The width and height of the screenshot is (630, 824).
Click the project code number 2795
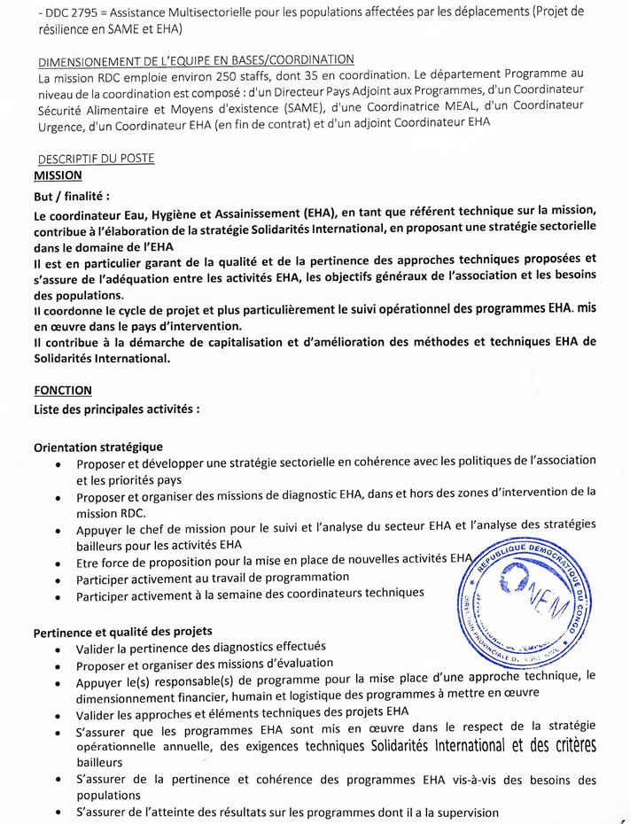[61, 12]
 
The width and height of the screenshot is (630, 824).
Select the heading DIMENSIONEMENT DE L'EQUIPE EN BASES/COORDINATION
[197, 60]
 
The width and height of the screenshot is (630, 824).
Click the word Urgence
[60, 126]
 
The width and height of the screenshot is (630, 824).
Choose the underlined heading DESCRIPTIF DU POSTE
[97, 159]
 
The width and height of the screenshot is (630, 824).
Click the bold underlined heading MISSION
[58, 175]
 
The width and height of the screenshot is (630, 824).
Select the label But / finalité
[72, 197]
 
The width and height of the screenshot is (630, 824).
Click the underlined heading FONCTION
[62, 390]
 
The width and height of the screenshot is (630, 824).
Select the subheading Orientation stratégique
[97, 447]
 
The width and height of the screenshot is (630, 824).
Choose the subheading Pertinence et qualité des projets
[122, 632]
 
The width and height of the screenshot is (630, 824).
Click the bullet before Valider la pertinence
[58, 649]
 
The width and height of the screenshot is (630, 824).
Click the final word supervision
[464, 812]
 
